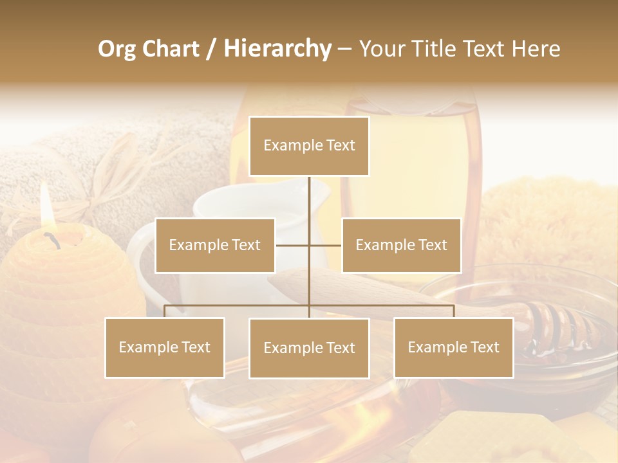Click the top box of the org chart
pyautogui.click(x=309, y=146)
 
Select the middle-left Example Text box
pyautogui.click(x=215, y=246)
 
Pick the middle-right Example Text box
pyautogui.click(x=401, y=246)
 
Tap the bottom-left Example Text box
pyautogui.click(x=165, y=348)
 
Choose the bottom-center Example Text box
pyautogui.click(x=309, y=349)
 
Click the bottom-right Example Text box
pyautogui.click(x=453, y=348)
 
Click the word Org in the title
pyautogui.click(x=117, y=49)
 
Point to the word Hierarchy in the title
pyautogui.click(x=277, y=49)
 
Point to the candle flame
pyautogui.click(x=45, y=206)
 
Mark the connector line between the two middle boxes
pyautogui.click(x=309, y=245)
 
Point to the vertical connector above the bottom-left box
pyautogui.click(x=165, y=312)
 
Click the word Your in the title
pyautogui.click(x=382, y=49)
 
